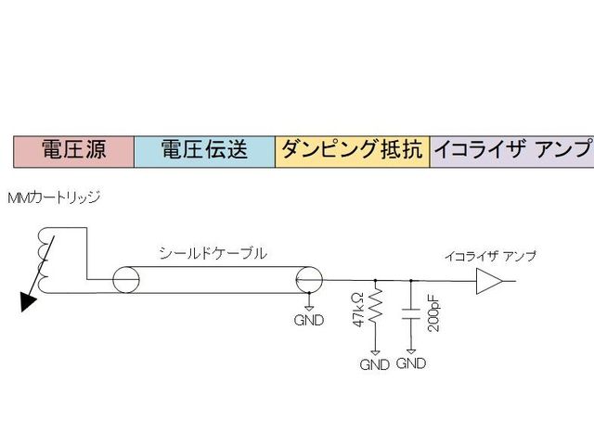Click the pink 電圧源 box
[74, 150]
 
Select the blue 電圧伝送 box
[204, 150]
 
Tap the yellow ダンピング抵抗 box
[352, 150]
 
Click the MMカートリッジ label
[53, 198]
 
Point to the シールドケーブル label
[213, 252]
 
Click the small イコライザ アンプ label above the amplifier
[489, 255]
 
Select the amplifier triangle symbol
[488, 281]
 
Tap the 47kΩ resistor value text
[358, 307]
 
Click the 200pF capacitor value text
[432, 311]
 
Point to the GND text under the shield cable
[309, 322]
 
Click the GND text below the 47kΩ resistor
[375, 364]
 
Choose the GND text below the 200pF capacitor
[411, 363]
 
